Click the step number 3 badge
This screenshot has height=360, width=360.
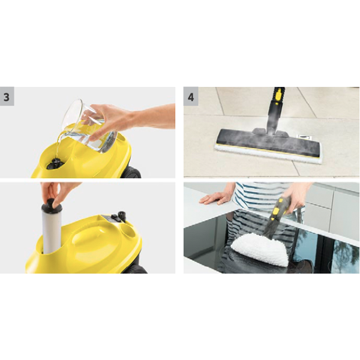click(x=7, y=97)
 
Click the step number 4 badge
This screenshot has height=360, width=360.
click(x=191, y=97)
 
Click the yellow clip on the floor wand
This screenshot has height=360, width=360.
click(x=278, y=95)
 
